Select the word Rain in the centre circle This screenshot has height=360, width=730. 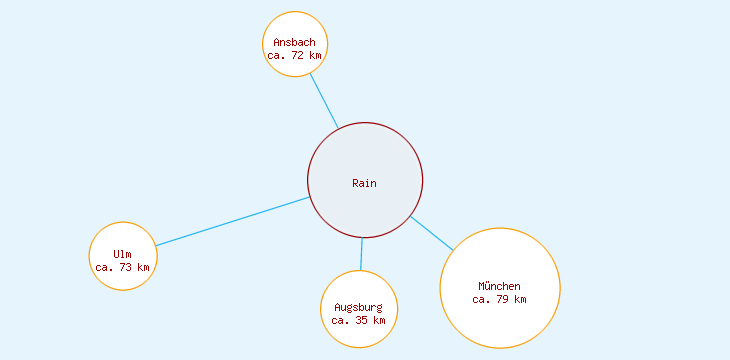365,183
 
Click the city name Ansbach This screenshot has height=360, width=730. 295,42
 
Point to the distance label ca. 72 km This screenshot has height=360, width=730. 295,56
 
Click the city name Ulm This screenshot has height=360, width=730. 123,254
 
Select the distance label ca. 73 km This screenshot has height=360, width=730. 123,268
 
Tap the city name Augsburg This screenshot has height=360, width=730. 359,307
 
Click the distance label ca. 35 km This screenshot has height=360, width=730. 359,321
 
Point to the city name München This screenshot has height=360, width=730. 500,286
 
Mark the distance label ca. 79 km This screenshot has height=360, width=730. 500,299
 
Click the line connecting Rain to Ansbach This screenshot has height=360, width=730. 323,100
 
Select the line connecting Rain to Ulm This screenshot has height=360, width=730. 232,221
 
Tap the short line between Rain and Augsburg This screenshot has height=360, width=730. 362,254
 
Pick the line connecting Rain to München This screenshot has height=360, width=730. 432,233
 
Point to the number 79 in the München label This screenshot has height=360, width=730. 504,299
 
